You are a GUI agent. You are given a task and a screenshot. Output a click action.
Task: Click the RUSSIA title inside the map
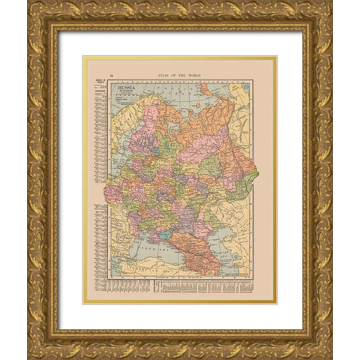[x=127, y=87]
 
